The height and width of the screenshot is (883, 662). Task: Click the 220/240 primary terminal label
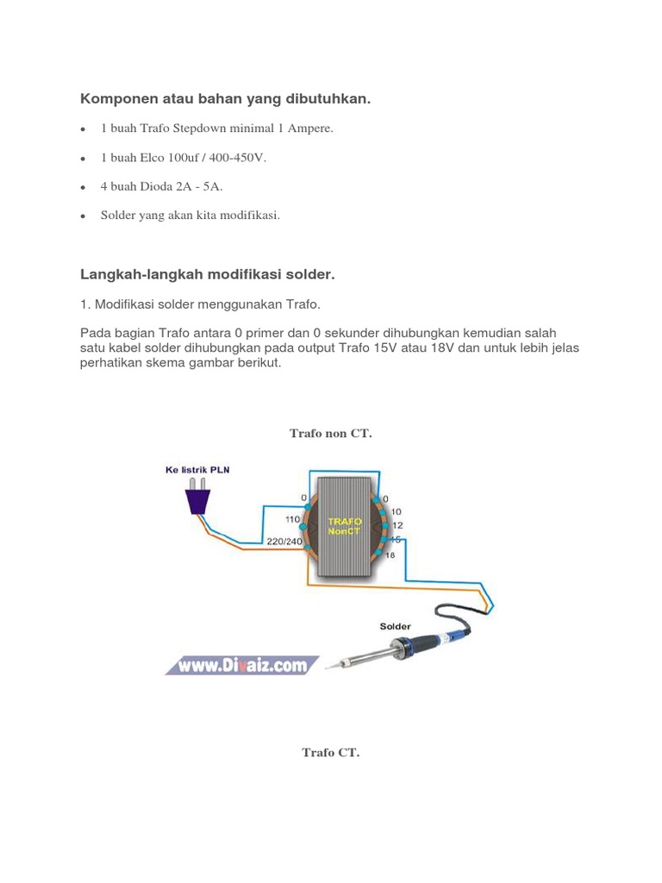point(284,541)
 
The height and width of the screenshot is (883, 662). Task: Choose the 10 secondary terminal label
point(396,511)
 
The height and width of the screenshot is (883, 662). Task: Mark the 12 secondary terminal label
point(397,525)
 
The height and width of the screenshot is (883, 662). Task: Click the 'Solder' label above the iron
point(395,626)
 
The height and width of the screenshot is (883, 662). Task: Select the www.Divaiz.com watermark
point(243,665)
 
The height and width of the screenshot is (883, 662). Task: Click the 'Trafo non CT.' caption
point(330,433)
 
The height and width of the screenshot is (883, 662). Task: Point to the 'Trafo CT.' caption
point(330,752)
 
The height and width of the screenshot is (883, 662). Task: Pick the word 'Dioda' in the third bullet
point(155,185)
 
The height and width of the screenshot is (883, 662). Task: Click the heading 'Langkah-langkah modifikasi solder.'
point(207,274)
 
